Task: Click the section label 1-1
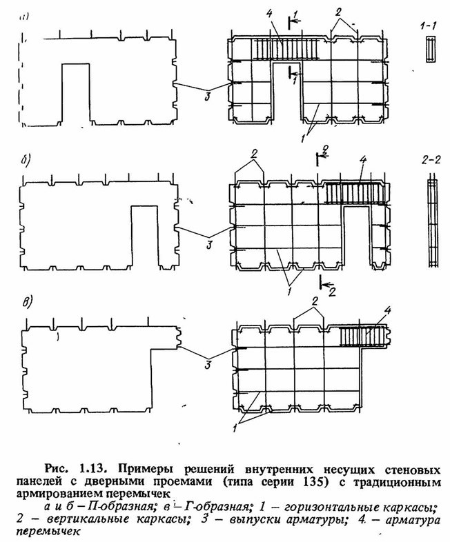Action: (429, 26)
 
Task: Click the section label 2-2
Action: (431, 160)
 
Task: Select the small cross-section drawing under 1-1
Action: (431, 49)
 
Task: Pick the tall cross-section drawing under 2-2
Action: (431, 223)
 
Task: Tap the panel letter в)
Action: (26, 303)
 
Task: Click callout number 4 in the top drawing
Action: (269, 14)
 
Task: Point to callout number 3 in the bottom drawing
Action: (208, 365)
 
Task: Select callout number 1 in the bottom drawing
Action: (235, 428)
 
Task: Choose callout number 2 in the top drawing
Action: (338, 12)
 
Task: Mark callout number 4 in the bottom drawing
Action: (387, 311)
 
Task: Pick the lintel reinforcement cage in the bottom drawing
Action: (362, 336)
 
